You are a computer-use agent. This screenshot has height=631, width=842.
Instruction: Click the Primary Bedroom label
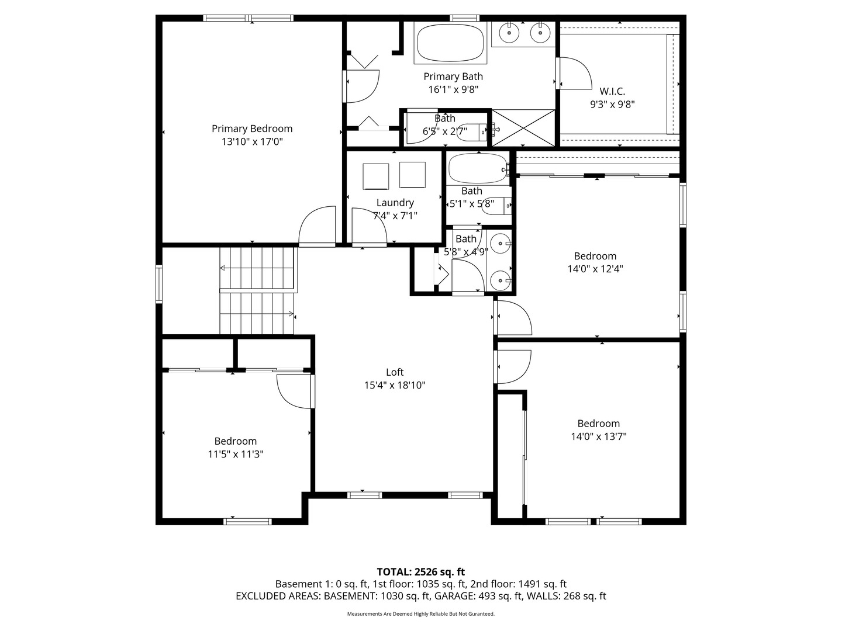(251, 129)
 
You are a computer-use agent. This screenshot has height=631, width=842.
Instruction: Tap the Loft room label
(395, 372)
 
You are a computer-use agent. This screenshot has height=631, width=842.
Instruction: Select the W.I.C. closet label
(612, 92)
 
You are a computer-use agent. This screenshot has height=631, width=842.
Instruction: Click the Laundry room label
(395, 203)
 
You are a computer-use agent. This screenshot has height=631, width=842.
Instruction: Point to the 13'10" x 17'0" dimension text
(251, 141)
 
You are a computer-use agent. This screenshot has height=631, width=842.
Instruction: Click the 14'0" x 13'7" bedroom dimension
(598, 436)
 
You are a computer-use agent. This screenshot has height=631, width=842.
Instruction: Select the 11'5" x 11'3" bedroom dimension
(236, 454)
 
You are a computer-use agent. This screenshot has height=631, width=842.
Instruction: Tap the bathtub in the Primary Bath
(450, 42)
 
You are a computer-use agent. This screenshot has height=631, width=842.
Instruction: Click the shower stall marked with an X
(523, 128)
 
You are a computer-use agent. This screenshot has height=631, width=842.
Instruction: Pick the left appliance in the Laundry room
(375, 176)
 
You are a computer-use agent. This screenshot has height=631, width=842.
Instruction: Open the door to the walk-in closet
(574, 74)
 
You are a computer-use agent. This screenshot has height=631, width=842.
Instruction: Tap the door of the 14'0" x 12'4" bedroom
(513, 318)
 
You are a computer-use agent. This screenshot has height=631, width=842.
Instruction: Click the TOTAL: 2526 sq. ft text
(420, 571)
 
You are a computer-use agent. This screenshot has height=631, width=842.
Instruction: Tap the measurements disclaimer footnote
(420, 614)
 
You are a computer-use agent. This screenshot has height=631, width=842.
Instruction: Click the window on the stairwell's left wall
(158, 285)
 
